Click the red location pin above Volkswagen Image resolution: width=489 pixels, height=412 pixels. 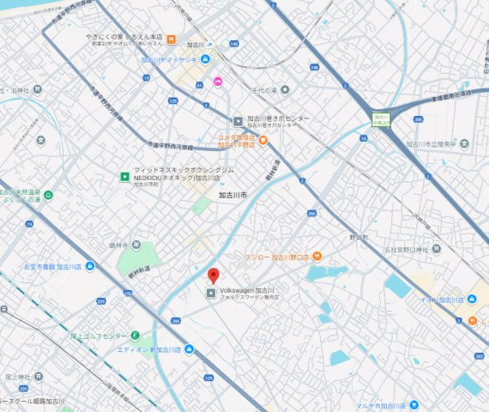tap(214, 276)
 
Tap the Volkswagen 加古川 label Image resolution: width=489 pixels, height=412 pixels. tap(247, 291)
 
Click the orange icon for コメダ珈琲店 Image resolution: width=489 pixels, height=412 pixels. tap(263, 140)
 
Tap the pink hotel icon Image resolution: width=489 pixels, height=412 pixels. tap(218, 82)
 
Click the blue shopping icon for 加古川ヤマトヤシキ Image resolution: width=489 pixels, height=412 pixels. tap(206, 60)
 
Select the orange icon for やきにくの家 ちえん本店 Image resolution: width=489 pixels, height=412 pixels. tap(171, 39)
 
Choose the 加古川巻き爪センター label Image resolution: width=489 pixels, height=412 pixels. tap(279, 119)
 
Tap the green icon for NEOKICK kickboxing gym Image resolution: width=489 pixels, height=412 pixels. tap(124, 177)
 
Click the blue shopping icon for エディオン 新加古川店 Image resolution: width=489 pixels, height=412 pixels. tap(189, 349)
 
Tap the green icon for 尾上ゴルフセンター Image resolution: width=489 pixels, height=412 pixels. tap(135, 335)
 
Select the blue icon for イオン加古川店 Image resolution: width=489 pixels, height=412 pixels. tap(472, 300)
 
